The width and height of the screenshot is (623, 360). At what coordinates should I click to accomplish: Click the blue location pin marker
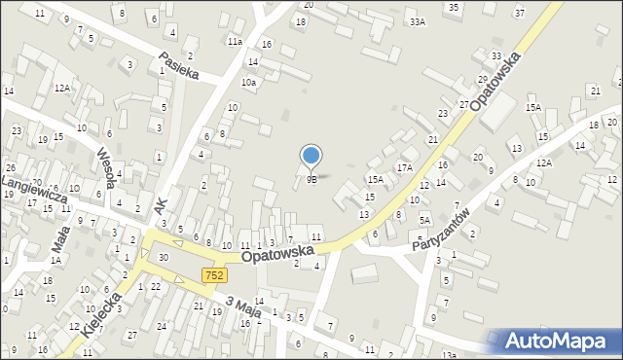coord(311,156)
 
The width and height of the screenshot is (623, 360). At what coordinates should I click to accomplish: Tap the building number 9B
coord(311,179)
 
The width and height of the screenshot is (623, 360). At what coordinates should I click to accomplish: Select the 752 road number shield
coord(214,276)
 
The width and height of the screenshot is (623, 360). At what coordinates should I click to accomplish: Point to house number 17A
coord(403,167)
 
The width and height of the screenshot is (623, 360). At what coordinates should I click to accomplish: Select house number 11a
coord(235,42)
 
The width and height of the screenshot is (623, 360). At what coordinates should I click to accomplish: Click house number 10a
coord(249,83)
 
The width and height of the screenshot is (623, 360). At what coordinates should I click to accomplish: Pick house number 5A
coord(424,220)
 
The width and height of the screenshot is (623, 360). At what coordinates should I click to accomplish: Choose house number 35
coord(453,7)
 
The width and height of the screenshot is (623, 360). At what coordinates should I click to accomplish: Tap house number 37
coord(519,13)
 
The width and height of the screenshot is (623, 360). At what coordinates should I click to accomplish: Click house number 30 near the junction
coord(164,257)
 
